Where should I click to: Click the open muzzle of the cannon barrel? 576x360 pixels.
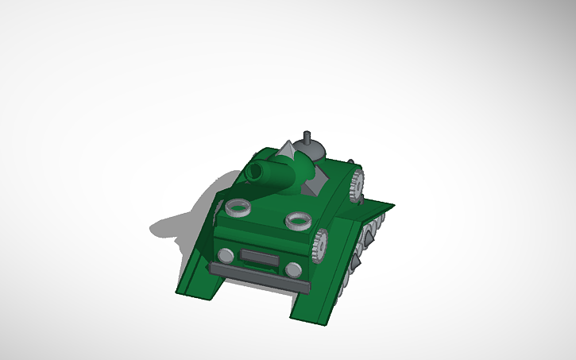[255, 171]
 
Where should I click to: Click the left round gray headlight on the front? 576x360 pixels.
[226, 255]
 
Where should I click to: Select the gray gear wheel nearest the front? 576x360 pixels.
[320, 244]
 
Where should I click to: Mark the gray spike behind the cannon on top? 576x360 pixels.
[284, 150]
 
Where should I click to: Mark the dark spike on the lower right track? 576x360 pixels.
[354, 260]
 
